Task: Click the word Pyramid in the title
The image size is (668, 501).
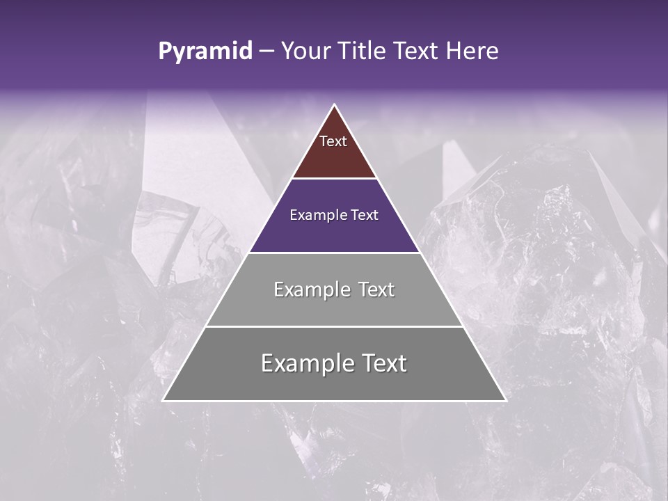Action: tap(205, 51)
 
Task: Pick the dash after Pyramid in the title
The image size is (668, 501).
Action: tap(266, 51)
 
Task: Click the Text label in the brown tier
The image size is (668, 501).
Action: tap(333, 141)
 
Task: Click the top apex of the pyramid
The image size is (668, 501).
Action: tap(335, 105)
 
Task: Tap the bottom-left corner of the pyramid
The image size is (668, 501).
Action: tap(164, 400)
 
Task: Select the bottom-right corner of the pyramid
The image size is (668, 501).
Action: tap(505, 400)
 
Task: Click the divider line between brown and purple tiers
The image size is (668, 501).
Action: tap(334, 179)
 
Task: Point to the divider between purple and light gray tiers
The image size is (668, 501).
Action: tap(334, 253)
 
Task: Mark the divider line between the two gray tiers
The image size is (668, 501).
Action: tap(334, 326)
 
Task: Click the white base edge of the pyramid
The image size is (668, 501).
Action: tap(334, 401)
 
